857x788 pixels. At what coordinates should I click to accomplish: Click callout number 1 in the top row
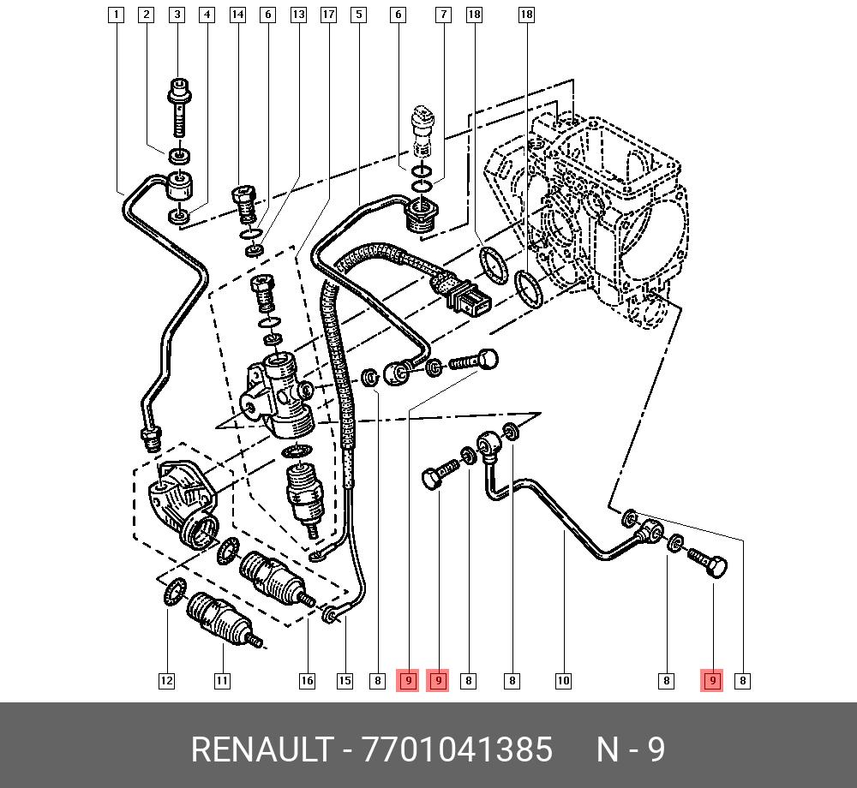[116, 15]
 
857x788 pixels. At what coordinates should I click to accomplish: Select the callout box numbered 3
[177, 15]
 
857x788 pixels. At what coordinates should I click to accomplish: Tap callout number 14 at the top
[237, 15]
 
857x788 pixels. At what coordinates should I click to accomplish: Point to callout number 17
[328, 15]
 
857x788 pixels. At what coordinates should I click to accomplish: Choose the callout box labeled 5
[358, 15]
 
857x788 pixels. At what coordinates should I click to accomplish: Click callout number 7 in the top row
[443, 15]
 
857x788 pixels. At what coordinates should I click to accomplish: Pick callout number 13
[298, 15]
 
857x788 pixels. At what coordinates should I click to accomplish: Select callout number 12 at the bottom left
[166, 680]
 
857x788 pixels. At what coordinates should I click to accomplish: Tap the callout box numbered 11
[221, 680]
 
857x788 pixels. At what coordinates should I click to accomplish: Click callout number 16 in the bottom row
[307, 680]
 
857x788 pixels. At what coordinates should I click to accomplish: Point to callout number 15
[345, 680]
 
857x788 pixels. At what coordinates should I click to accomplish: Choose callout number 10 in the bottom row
[563, 680]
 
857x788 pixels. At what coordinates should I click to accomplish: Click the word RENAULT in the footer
[262, 749]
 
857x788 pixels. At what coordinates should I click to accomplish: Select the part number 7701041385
[458, 749]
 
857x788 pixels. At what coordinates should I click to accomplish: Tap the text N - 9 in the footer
[630, 749]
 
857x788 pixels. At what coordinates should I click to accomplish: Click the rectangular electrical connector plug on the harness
[469, 299]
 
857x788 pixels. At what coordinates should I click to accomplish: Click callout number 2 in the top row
[146, 15]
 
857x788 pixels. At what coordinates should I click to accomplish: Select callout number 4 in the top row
[207, 15]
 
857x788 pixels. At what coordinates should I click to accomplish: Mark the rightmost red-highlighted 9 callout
[711, 680]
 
